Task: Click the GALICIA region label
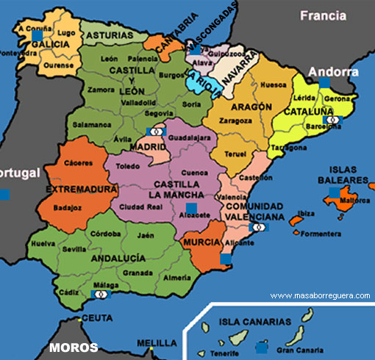50,44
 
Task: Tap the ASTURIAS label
107,35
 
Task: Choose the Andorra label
333,72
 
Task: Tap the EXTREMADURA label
81,189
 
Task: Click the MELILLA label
157,342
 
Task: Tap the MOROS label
74,347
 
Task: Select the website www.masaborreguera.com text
320,295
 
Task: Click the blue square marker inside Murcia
226,259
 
